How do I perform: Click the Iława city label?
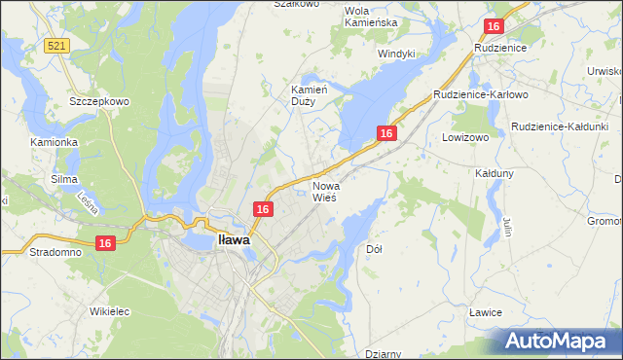point(234,238)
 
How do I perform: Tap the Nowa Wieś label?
point(324,191)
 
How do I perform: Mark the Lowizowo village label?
point(464,138)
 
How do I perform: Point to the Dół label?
point(374,249)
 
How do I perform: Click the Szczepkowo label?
point(93,100)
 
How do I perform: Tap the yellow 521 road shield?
point(55,46)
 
